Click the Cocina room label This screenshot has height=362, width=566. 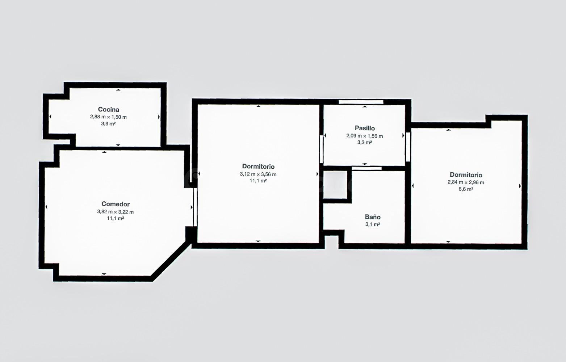(x=108, y=109)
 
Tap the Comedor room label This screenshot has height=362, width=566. (x=116, y=204)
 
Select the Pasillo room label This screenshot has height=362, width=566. (x=365, y=128)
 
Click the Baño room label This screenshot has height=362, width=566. (x=373, y=217)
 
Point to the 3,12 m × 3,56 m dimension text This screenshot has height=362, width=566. (x=258, y=174)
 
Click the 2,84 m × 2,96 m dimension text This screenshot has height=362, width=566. (x=466, y=182)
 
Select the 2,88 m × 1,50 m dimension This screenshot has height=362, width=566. (x=108, y=117)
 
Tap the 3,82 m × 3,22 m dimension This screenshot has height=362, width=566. (x=116, y=212)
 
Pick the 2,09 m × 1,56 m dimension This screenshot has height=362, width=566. (x=365, y=136)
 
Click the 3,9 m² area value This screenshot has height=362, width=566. (x=108, y=123)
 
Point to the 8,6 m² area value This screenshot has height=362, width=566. (x=466, y=189)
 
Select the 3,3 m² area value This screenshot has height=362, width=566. (x=365, y=143)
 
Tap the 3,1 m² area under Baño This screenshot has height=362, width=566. (x=373, y=224)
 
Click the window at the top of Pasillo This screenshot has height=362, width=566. (x=361, y=102)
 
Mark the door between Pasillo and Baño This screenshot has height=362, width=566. (x=366, y=168)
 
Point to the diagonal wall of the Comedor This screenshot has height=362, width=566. (x=172, y=261)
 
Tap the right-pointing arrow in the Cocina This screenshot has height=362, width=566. (x=159, y=117)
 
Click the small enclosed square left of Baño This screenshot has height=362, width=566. (x=335, y=185)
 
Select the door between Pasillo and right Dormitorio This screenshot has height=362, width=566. (x=408, y=147)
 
